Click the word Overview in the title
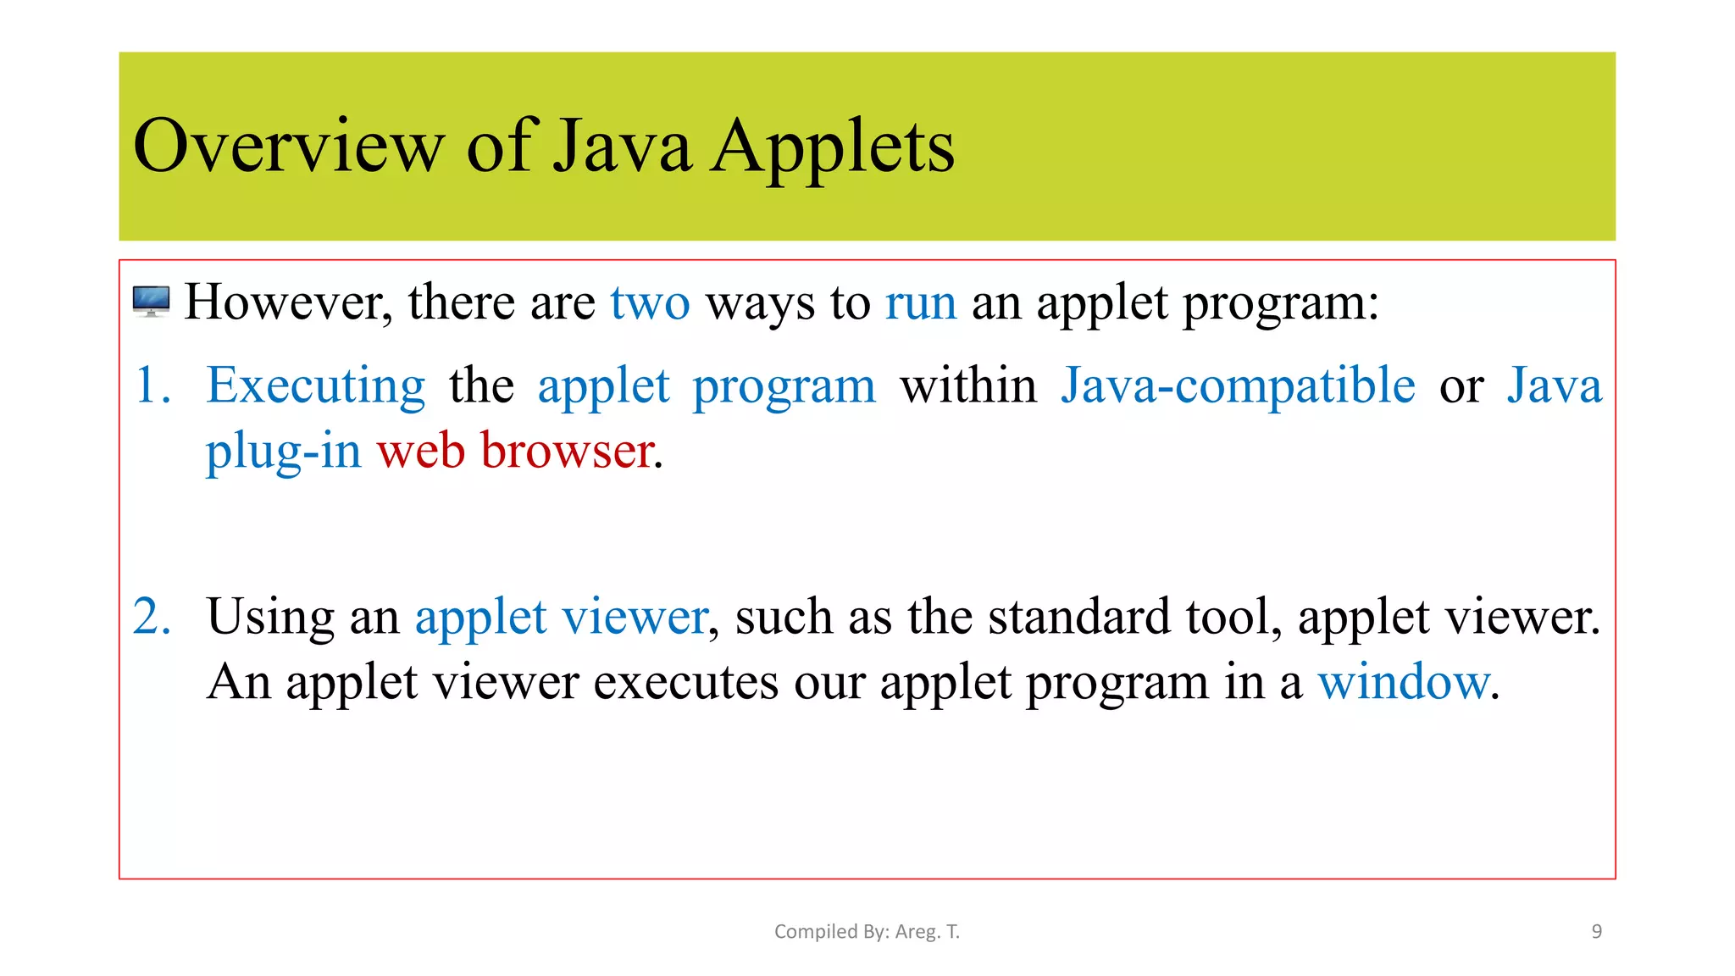pyautogui.click(x=288, y=147)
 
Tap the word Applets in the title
pyautogui.click(x=832, y=147)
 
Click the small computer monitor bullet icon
pyautogui.click(x=151, y=302)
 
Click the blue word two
pyautogui.click(x=650, y=302)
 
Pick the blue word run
pyautogui.click(x=921, y=302)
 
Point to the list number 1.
pyautogui.click(x=152, y=385)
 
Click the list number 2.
pyautogui.click(x=152, y=616)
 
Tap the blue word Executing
pyautogui.click(x=315, y=386)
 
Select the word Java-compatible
pyautogui.click(x=1238, y=385)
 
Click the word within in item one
pyautogui.click(x=967, y=385)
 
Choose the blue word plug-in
pyautogui.click(x=283, y=450)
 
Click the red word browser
pyautogui.click(x=567, y=450)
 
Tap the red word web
pyautogui.click(x=421, y=450)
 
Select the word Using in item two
pyautogui.click(x=270, y=617)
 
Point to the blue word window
pyautogui.click(x=1403, y=681)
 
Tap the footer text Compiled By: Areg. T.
pyautogui.click(x=867, y=931)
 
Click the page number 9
pyautogui.click(x=1596, y=931)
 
